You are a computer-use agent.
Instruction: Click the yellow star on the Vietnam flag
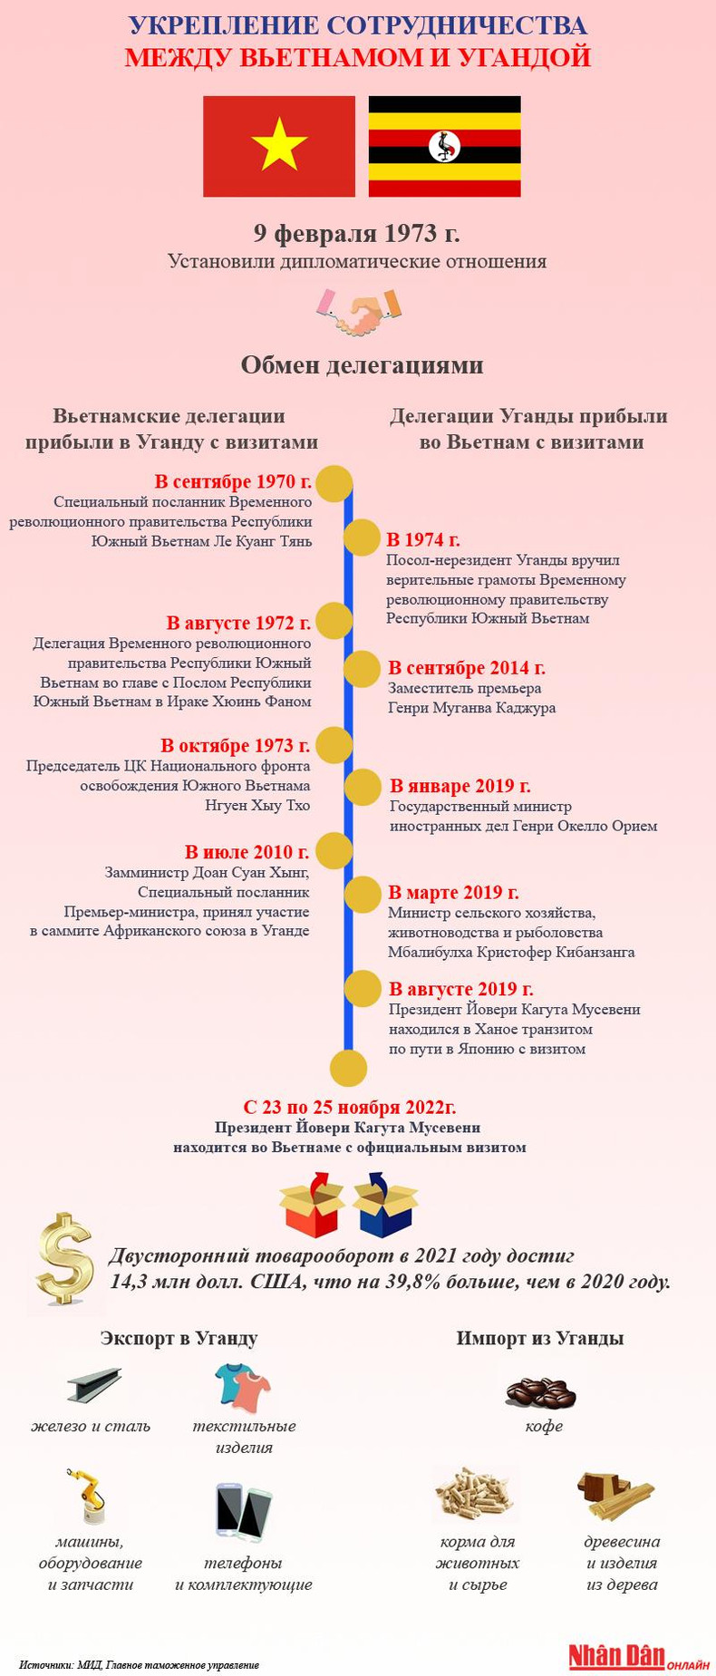279,145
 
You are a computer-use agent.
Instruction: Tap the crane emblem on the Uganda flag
444,146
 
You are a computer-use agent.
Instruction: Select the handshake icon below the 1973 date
358,311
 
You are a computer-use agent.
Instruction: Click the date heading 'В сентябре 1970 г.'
233,481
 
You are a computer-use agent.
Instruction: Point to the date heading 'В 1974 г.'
423,540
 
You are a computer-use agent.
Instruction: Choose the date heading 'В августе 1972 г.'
238,623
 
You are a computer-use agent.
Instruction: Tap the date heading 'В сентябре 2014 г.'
466,668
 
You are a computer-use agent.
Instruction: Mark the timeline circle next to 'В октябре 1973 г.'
334,745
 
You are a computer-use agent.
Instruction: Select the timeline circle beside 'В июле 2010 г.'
334,851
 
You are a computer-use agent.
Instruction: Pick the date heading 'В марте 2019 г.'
453,893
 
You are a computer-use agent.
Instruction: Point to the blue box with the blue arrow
384,1205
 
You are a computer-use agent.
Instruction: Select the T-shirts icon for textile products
243,1387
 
